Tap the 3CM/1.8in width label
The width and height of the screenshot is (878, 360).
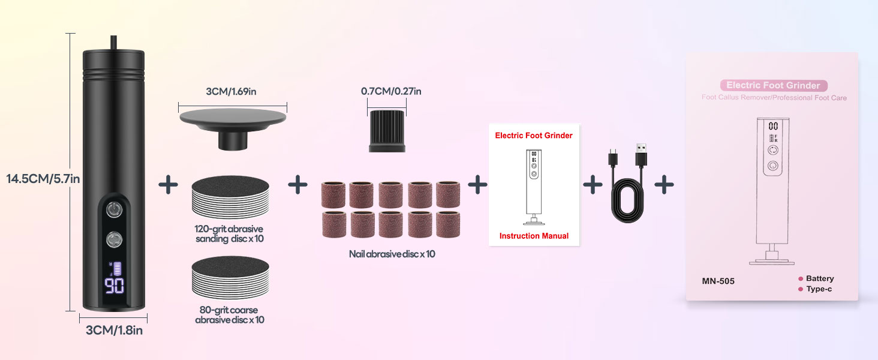coord(113,329)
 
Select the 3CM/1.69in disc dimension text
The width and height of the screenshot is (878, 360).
coord(233,92)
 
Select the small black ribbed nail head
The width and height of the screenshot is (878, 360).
coord(386,131)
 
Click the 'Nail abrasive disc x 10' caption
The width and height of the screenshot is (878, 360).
coord(392,254)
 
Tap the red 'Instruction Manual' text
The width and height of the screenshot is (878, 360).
coord(534,236)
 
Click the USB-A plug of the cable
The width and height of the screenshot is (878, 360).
coord(641,157)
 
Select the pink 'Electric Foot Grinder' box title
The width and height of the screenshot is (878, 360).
coord(772,85)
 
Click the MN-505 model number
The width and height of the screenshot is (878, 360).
coord(718,281)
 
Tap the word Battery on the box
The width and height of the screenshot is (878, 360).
coord(819,278)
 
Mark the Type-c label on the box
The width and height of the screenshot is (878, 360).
coord(819,289)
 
